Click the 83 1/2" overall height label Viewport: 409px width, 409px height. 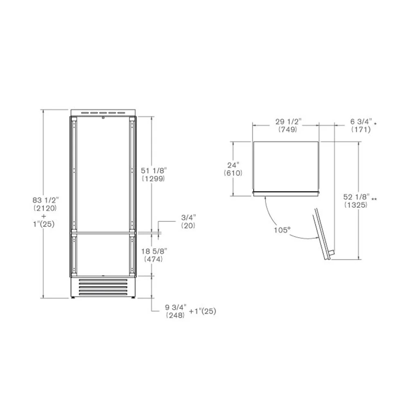pos(46,200)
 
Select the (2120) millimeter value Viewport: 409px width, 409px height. pos(45,208)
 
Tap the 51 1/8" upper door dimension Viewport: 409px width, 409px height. pos(154,171)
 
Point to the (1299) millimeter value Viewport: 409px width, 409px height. pos(153,179)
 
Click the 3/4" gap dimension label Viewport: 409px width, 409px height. pos(188,217)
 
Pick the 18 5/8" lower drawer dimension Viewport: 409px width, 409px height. pos(154,251)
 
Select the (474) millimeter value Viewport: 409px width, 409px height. pos(153,259)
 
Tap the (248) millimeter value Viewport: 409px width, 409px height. pos(175,315)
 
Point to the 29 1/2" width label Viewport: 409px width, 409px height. pos(288,121)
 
